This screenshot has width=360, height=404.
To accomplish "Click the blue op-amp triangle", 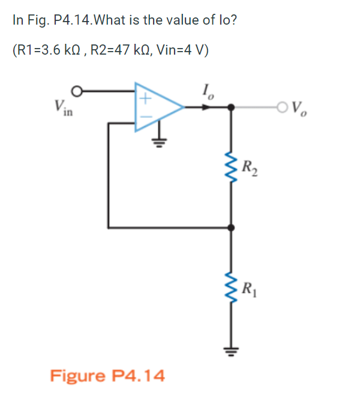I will click(x=156, y=107).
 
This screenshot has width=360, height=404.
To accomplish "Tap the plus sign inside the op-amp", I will click(x=145, y=97).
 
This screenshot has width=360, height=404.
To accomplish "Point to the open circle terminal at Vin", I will click(x=76, y=91).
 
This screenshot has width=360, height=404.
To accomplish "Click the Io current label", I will click(x=208, y=92).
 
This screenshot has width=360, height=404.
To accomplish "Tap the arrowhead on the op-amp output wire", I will click(x=206, y=107).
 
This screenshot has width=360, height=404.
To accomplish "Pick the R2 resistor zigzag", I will click(x=233, y=167).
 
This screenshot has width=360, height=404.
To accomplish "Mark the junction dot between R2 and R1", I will click(x=233, y=228).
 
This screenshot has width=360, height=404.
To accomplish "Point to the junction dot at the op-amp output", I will click(x=233, y=107).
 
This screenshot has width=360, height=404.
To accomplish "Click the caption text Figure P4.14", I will click(x=107, y=376).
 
